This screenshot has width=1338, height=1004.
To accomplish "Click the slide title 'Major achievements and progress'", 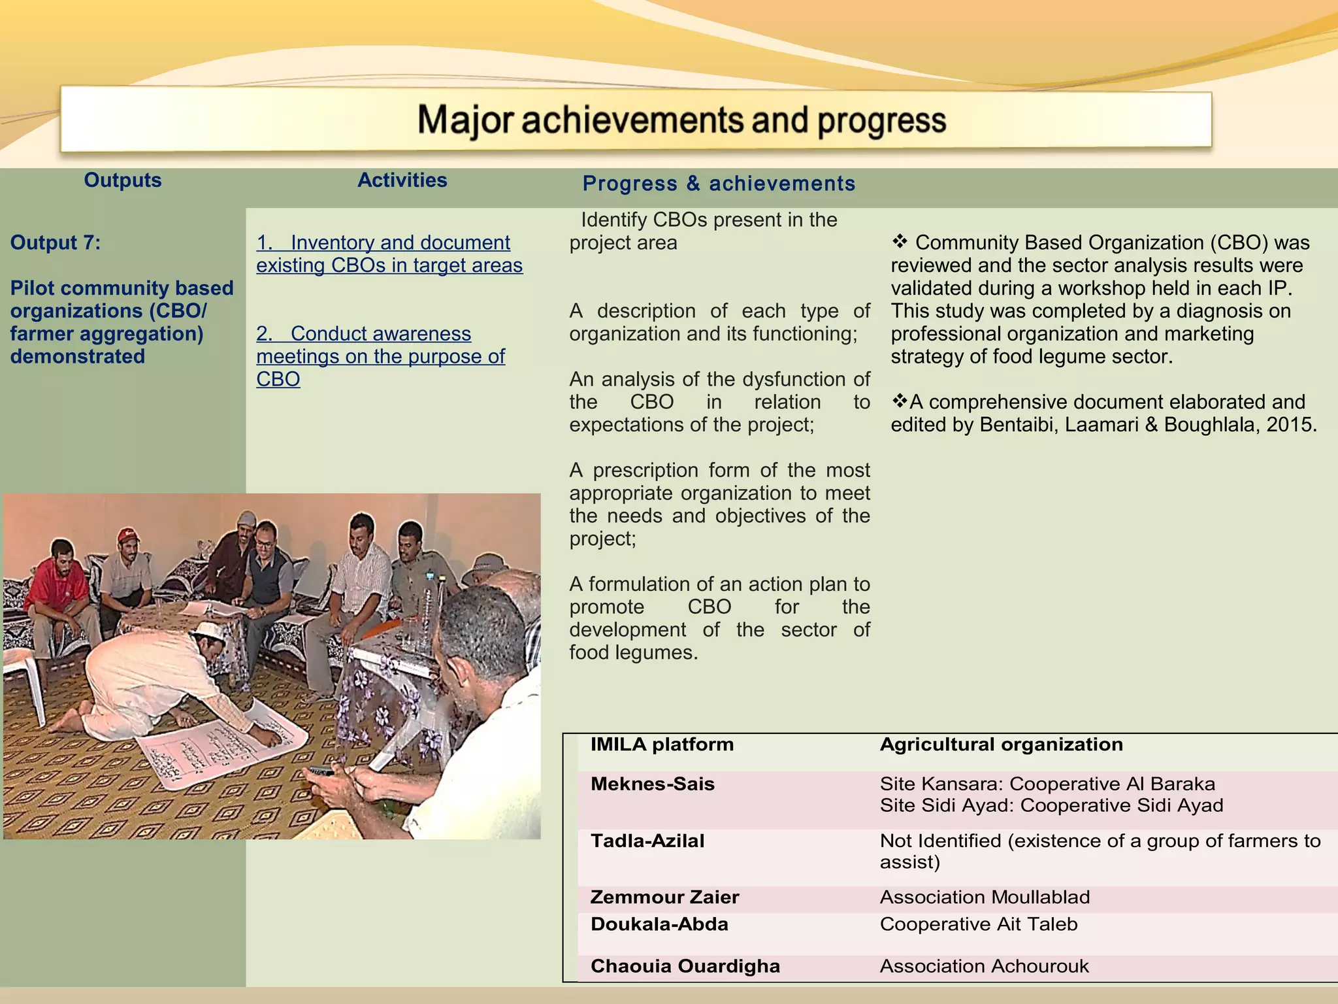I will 681,121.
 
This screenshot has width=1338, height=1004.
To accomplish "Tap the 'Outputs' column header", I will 122,180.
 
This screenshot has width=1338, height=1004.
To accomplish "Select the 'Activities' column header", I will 402,180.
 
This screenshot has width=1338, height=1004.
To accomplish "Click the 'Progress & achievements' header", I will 719,184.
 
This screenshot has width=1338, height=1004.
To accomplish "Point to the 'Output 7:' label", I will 56,243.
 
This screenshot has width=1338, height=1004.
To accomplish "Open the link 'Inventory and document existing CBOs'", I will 389,254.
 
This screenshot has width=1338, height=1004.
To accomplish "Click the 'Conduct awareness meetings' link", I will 380,356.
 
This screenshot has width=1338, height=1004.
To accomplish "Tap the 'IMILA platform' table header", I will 662,745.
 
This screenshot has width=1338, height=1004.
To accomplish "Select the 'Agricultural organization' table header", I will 1001,745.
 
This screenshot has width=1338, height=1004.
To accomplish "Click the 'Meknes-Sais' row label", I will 652,784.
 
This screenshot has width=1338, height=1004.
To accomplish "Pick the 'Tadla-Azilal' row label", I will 647,841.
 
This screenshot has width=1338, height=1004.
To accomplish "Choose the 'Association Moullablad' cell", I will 985,897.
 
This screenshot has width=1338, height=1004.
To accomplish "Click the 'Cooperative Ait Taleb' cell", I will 978,924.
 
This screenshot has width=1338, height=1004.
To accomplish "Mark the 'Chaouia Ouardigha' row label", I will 685,966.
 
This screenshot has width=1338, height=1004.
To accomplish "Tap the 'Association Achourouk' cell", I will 984,966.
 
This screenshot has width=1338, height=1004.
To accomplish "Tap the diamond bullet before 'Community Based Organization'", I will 900,242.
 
